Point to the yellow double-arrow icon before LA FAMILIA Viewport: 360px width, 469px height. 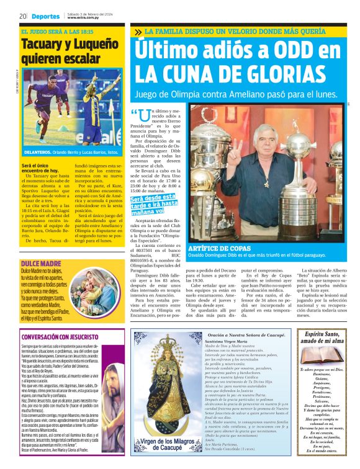point(137,31)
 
